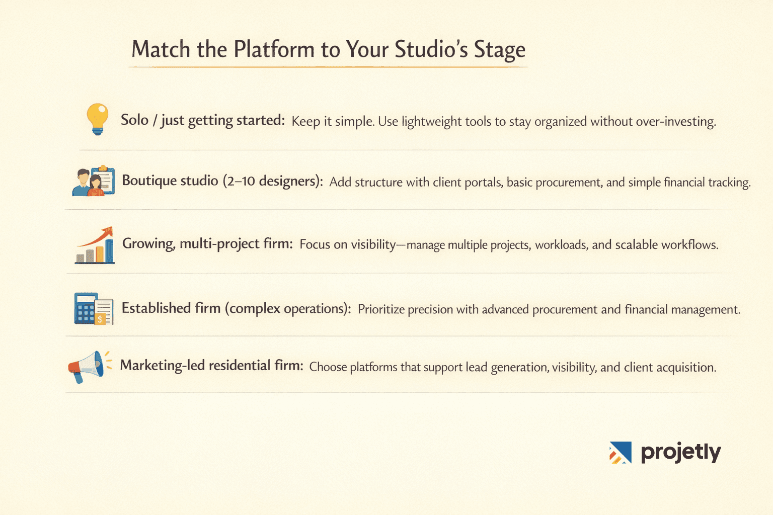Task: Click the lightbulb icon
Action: point(98,119)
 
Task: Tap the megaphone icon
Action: point(87,367)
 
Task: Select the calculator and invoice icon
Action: point(94,308)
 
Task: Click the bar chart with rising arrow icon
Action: point(95,245)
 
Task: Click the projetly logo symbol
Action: point(620,452)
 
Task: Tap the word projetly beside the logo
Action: point(680,453)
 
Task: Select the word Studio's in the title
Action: point(431,50)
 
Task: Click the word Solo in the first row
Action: point(134,120)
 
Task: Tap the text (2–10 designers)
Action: point(272,181)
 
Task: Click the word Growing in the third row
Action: point(148,244)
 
